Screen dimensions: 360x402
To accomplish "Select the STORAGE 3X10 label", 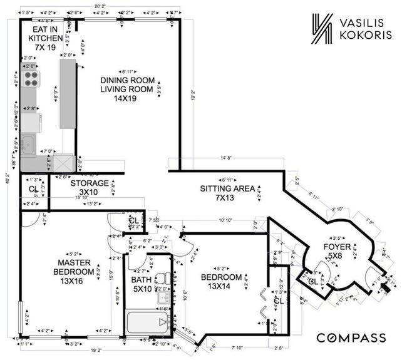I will [x=89, y=188].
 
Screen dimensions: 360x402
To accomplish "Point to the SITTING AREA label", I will [x=227, y=193].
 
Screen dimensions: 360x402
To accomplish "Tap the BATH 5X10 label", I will [x=143, y=284].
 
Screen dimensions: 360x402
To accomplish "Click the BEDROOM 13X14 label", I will [x=221, y=282].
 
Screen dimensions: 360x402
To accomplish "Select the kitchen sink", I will [x=29, y=145].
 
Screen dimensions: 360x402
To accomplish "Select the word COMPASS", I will [x=350, y=338].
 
